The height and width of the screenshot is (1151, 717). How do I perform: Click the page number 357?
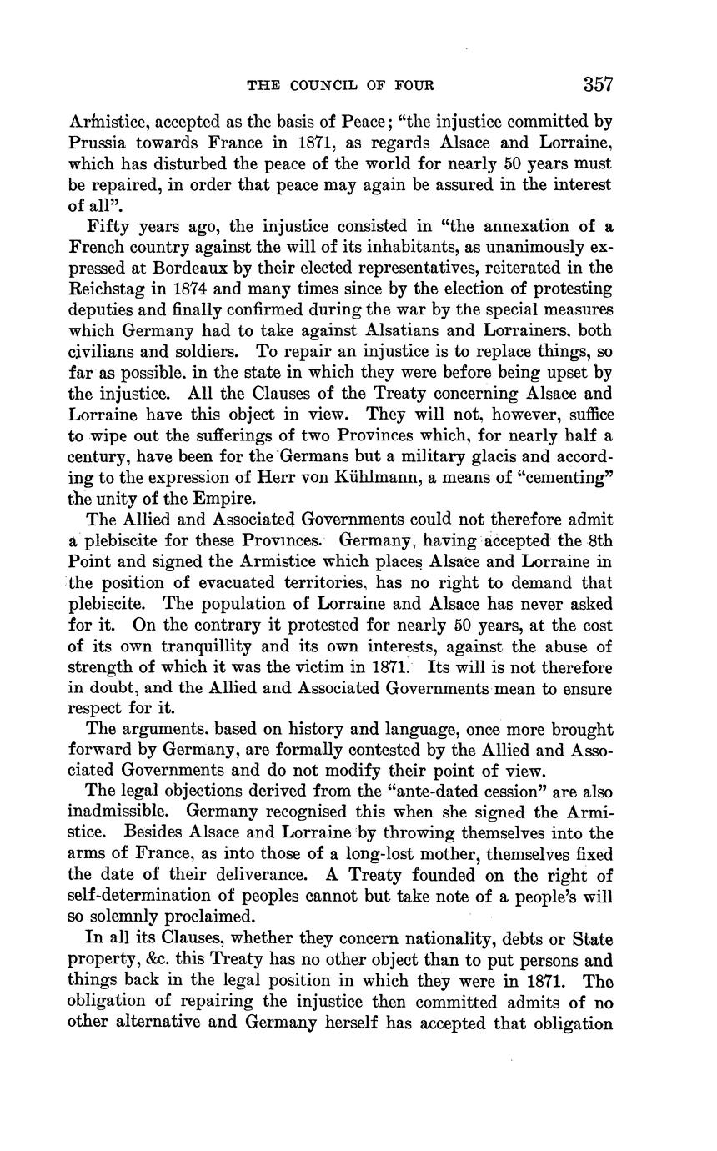pyautogui.click(x=598, y=84)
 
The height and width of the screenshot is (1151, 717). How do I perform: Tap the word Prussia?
pyautogui.click(x=98, y=142)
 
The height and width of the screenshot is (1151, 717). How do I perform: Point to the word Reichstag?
pyautogui.click(x=109, y=289)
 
